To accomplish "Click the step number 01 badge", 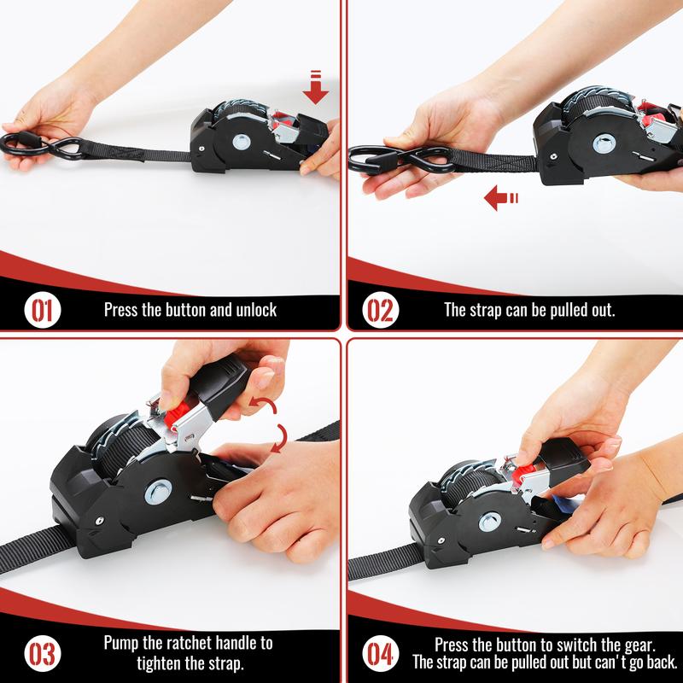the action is click(43, 310).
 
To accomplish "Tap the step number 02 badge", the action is click(380, 310).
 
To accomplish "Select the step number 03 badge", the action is click(43, 653).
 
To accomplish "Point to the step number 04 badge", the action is click(380, 653).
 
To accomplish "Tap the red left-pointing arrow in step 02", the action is click(501, 198).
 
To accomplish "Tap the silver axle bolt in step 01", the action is click(241, 142).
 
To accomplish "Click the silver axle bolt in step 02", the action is click(604, 143).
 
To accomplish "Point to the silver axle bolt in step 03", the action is click(158, 493).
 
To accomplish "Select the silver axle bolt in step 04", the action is click(489, 522).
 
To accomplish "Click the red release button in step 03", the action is click(176, 415).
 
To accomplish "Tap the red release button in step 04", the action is click(522, 473).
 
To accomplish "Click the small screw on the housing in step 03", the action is click(100, 521).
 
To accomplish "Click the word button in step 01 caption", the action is click(186, 310).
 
